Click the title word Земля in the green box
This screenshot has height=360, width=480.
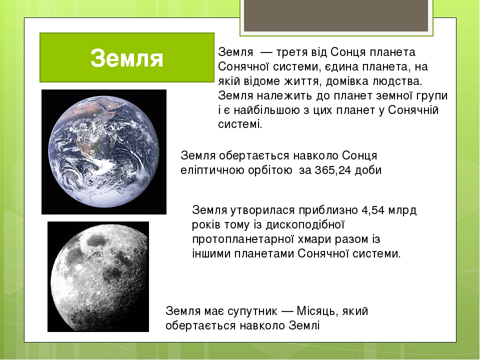tap(127, 58)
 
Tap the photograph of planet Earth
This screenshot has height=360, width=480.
tap(104, 151)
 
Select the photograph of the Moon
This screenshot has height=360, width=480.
tap(98, 276)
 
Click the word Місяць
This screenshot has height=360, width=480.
tap(316, 311)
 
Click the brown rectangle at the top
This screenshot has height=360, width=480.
tap(336, 15)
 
